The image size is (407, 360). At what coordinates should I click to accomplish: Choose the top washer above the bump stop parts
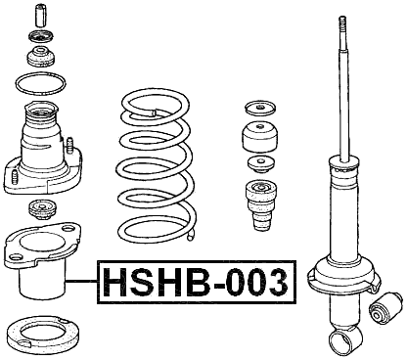click(x=260, y=107)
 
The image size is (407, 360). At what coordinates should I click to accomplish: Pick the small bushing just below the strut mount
click(x=41, y=208)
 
